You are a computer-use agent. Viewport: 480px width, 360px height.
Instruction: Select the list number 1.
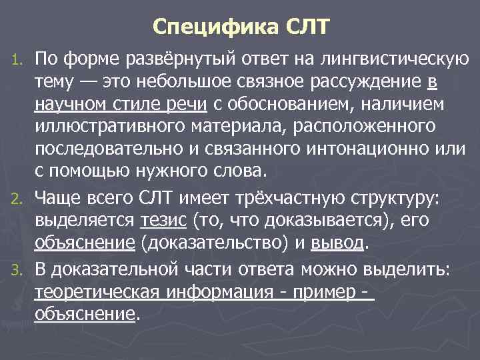pyautogui.click(x=19, y=63)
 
